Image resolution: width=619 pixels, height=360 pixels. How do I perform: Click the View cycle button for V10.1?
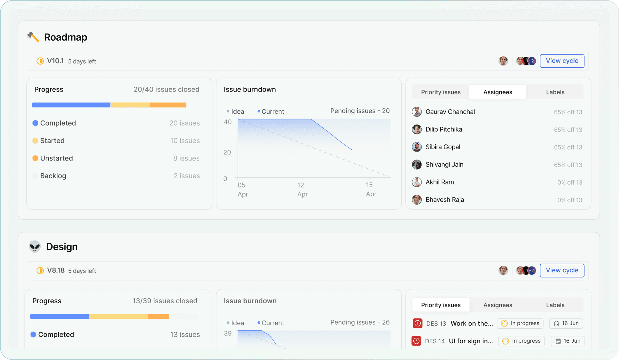pyautogui.click(x=562, y=61)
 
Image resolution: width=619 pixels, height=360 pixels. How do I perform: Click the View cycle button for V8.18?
pyautogui.click(x=562, y=270)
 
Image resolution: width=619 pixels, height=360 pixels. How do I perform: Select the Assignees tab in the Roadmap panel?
pyautogui.click(x=497, y=92)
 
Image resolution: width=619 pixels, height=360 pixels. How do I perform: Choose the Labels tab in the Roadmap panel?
pyautogui.click(x=555, y=92)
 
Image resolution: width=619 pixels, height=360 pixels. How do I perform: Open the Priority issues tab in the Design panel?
pyautogui.click(x=441, y=305)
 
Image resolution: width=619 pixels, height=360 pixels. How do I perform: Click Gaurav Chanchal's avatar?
pyautogui.click(x=417, y=112)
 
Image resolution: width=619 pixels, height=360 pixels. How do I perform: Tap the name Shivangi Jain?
pyautogui.click(x=444, y=164)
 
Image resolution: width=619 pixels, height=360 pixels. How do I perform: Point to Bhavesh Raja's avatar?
pyautogui.click(x=417, y=199)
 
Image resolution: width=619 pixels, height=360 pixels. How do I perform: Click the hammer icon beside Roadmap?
pyautogui.click(x=33, y=37)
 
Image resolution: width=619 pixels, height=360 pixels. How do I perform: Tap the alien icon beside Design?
pyautogui.click(x=35, y=247)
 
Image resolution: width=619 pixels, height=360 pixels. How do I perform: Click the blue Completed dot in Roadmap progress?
pyautogui.click(x=35, y=123)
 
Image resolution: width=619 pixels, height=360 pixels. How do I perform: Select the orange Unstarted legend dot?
pyautogui.click(x=35, y=158)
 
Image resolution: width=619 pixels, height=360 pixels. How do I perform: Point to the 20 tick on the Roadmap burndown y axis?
pyautogui.click(x=227, y=152)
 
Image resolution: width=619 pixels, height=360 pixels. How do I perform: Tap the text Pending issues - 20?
pyautogui.click(x=360, y=111)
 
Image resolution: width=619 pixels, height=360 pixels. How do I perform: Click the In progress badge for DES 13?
pyautogui.click(x=520, y=323)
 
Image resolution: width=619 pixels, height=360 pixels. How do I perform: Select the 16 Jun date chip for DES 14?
pyautogui.click(x=567, y=341)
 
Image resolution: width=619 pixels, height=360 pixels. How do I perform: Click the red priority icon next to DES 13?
pyautogui.click(x=418, y=323)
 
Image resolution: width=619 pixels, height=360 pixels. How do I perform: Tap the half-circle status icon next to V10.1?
pyautogui.click(x=40, y=61)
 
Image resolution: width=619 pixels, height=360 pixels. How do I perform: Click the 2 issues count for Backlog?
pyautogui.click(x=187, y=176)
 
